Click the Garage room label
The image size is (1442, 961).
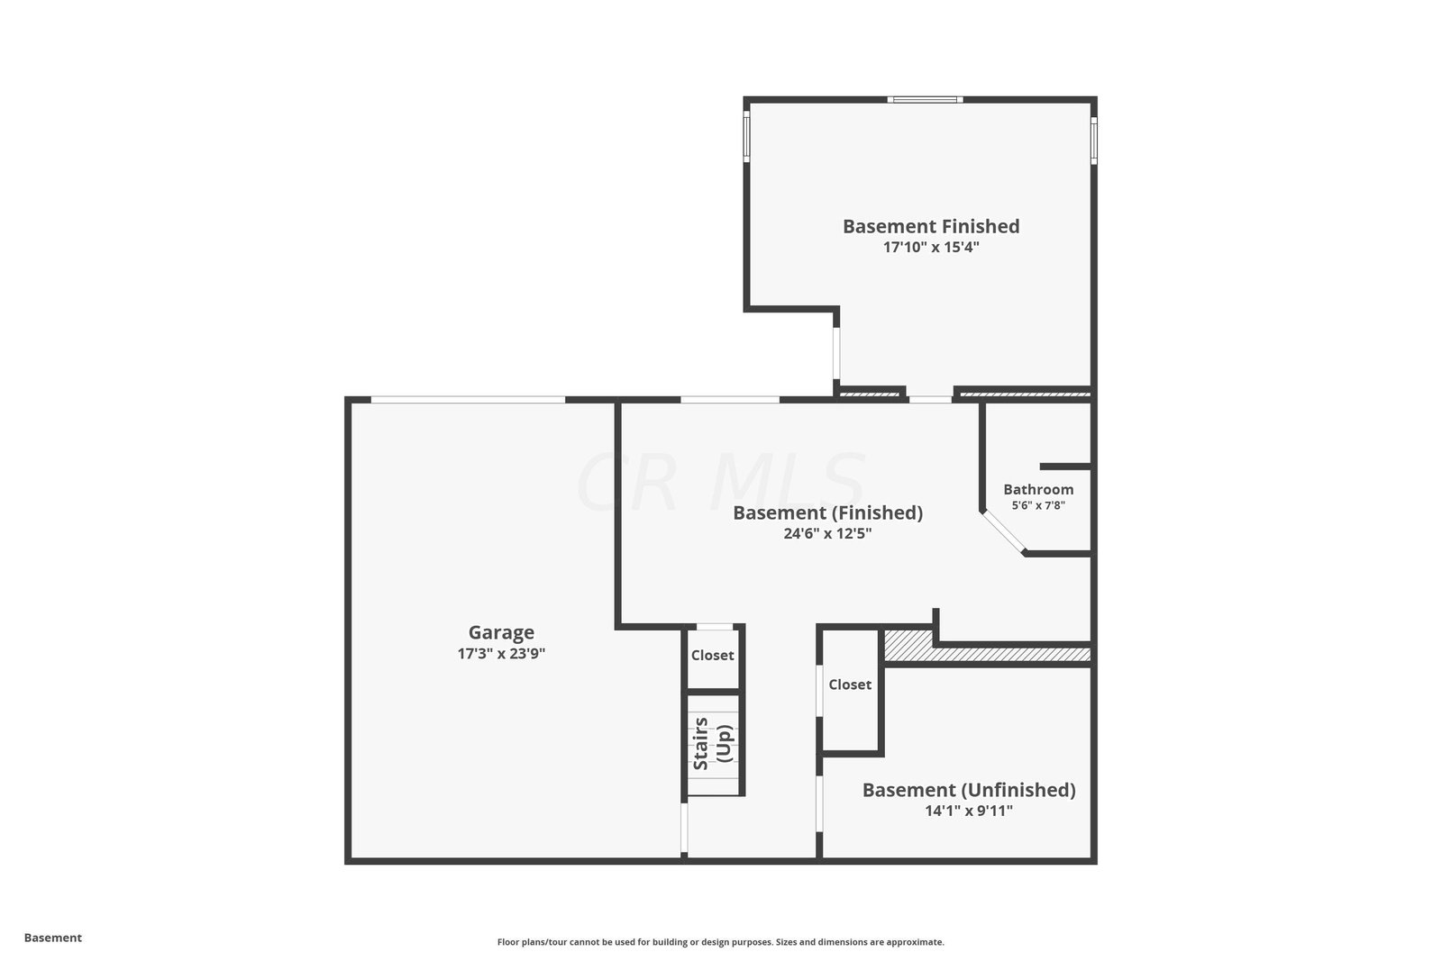(501, 633)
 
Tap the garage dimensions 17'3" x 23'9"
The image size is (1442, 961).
(501, 654)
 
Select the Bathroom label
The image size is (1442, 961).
(1038, 489)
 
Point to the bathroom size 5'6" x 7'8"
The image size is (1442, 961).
(1038, 505)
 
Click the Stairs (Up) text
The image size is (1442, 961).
(713, 744)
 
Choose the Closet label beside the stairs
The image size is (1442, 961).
(713, 656)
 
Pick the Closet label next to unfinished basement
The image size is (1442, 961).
(850, 685)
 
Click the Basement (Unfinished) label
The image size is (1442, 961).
(969, 790)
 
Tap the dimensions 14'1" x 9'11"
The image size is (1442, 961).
(969, 811)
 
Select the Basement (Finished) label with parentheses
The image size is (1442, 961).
(828, 512)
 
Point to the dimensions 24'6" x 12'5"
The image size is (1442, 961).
(828, 533)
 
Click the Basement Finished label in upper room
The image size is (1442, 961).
(931, 226)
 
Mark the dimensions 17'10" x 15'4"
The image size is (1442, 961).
(931, 247)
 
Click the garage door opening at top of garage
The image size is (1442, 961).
(468, 400)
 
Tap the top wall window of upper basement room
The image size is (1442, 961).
(925, 100)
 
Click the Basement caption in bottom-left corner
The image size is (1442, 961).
(53, 938)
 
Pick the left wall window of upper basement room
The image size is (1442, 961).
(747, 136)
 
